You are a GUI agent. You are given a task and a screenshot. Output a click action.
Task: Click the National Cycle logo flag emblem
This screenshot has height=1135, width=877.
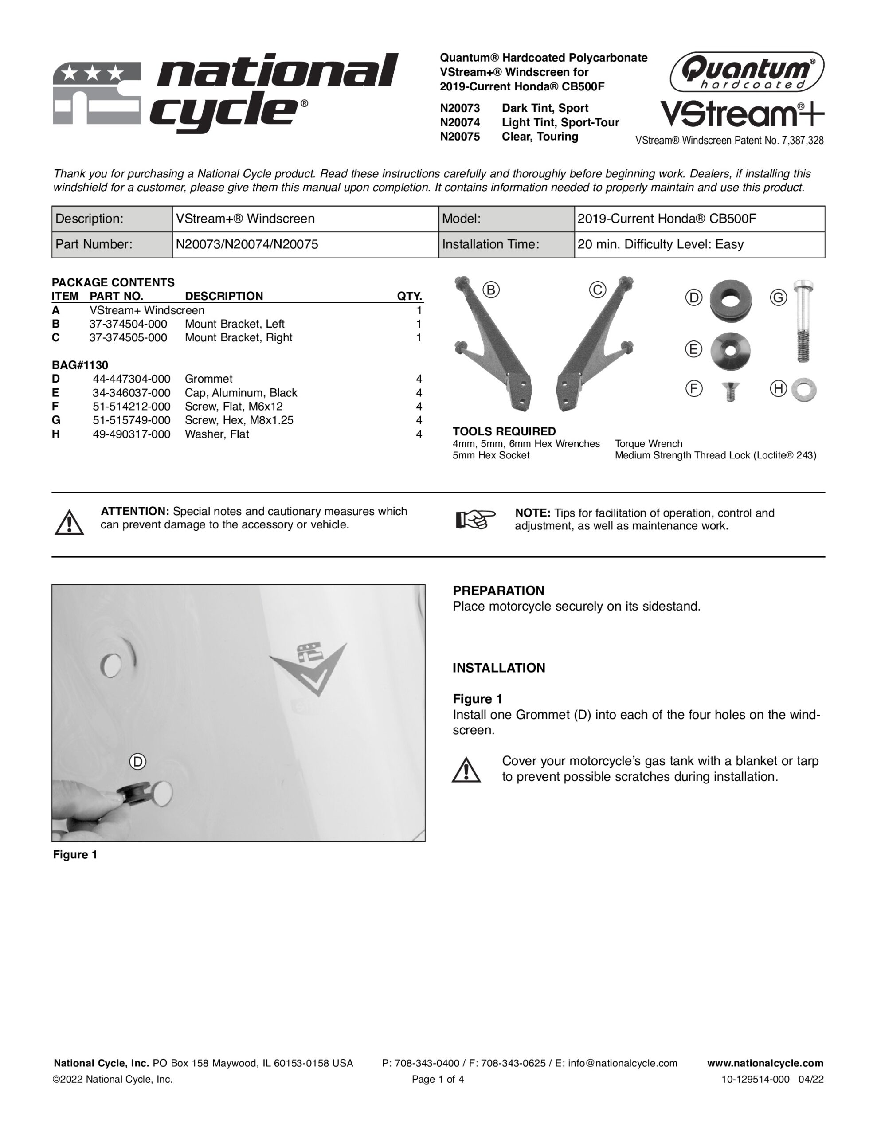tap(97, 94)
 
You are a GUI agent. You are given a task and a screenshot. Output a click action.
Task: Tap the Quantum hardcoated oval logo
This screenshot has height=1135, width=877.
tap(747, 72)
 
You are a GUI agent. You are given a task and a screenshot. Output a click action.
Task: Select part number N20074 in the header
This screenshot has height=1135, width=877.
tap(459, 123)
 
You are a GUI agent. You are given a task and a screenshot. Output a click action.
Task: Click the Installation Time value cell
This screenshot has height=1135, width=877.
tap(699, 244)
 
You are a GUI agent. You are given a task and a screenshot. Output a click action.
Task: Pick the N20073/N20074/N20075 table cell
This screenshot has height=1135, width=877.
tap(305, 244)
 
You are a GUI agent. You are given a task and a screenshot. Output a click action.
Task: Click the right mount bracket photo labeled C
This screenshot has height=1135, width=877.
tap(596, 343)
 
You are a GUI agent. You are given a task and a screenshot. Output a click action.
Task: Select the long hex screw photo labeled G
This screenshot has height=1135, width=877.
tap(804, 321)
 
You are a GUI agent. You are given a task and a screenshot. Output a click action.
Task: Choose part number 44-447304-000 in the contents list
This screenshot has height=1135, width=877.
tap(132, 379)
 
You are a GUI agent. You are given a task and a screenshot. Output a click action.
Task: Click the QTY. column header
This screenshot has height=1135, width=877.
tap(410, 296)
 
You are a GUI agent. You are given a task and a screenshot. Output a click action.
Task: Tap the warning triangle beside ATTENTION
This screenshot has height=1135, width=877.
tap(69, 522)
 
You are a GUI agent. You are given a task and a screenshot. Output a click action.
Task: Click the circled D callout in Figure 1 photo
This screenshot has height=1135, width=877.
tap(138, 762)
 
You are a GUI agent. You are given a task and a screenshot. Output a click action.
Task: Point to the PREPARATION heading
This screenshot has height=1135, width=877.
tap(498, 591)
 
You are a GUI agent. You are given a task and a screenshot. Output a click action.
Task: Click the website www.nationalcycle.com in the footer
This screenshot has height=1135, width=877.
tap(765, 1063)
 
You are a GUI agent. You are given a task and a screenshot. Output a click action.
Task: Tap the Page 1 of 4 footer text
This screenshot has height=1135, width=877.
tap(438, 1080)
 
